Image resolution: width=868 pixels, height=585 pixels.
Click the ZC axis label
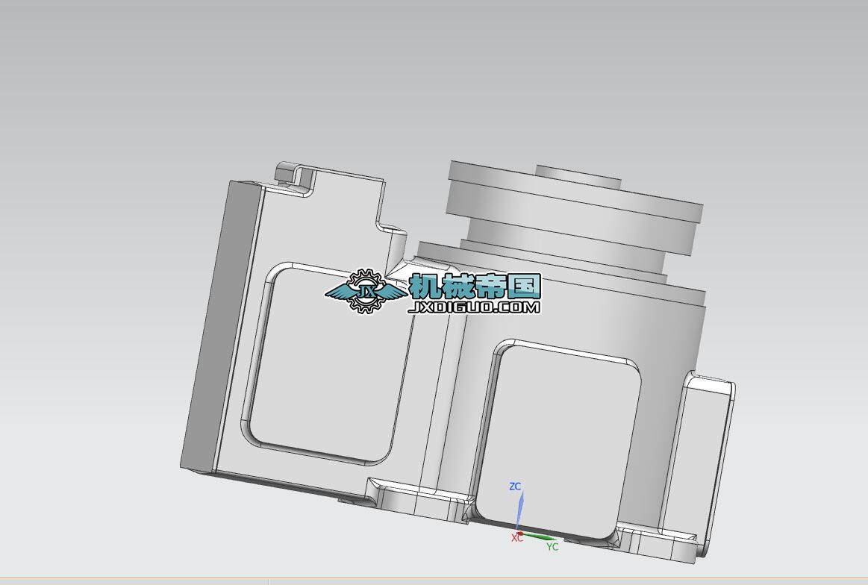coord(515,487)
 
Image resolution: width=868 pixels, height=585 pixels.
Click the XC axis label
coord(516,538)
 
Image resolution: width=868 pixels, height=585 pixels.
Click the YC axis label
coord(552,547)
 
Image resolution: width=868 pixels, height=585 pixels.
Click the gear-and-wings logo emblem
coord(365,291)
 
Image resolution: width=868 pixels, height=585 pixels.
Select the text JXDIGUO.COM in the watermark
coord(475,307)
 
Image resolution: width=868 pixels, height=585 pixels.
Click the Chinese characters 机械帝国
coord(475,286)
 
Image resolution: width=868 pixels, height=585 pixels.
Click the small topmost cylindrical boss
coord(578,176)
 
